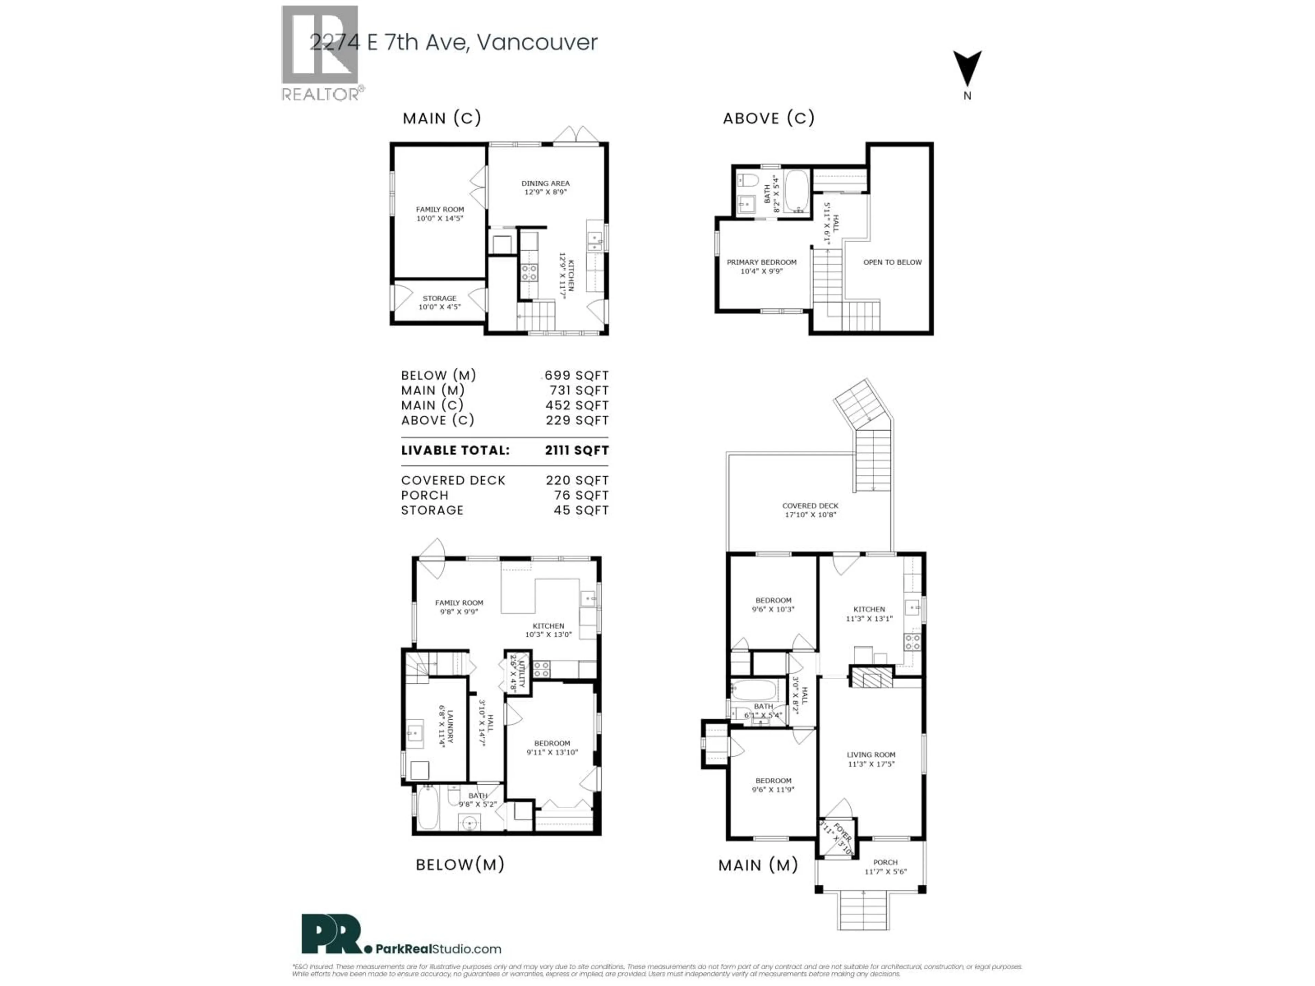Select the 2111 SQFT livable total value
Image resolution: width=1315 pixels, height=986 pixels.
point(577,451)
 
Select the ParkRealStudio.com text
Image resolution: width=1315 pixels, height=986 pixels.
point(438,949)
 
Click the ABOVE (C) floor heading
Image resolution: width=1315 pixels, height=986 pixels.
point(768,118)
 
